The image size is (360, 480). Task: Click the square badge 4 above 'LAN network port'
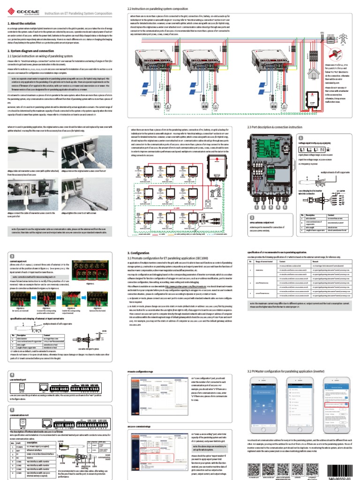coord(12,375)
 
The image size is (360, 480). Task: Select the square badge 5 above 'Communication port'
coord(12,410)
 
